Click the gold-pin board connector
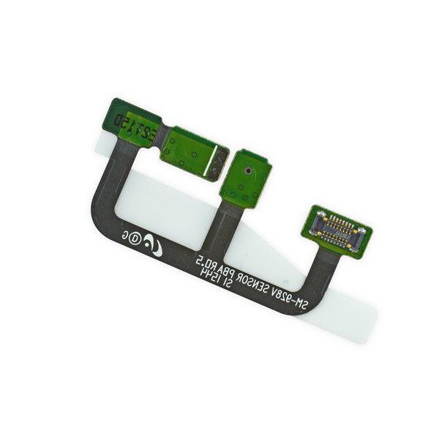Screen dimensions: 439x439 [339, 228]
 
